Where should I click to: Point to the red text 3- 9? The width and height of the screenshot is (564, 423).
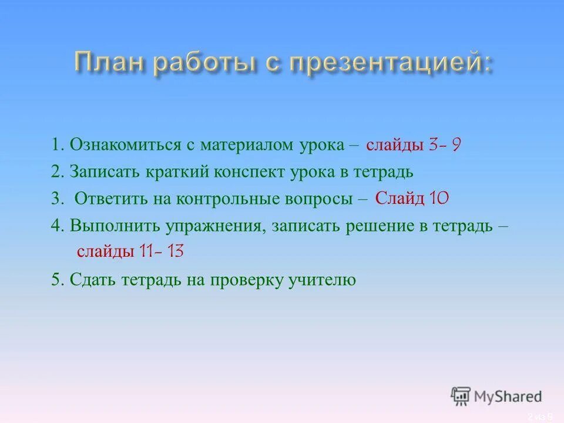[x=445, y=145]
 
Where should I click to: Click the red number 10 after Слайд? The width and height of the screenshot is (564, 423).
[x=439, y=199]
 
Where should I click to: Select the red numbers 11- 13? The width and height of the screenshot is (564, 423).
[x=162, y=251]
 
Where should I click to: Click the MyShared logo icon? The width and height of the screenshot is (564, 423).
[x=461, y=396]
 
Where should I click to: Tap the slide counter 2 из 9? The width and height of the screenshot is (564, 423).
[x=540, y=417]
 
